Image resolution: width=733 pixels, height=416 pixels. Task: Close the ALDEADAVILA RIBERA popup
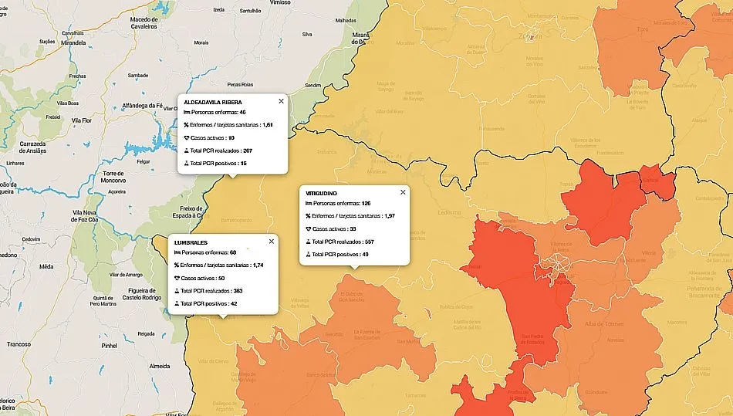[281, 101]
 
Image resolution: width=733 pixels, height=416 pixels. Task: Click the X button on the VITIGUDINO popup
[403, 192]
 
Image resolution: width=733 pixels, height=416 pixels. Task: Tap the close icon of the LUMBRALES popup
[271, 242]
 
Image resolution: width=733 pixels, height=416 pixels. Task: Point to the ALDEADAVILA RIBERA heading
[214, 101]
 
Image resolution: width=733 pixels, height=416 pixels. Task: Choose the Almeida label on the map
[159, 366]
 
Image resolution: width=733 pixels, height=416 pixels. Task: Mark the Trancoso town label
[19, 344]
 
